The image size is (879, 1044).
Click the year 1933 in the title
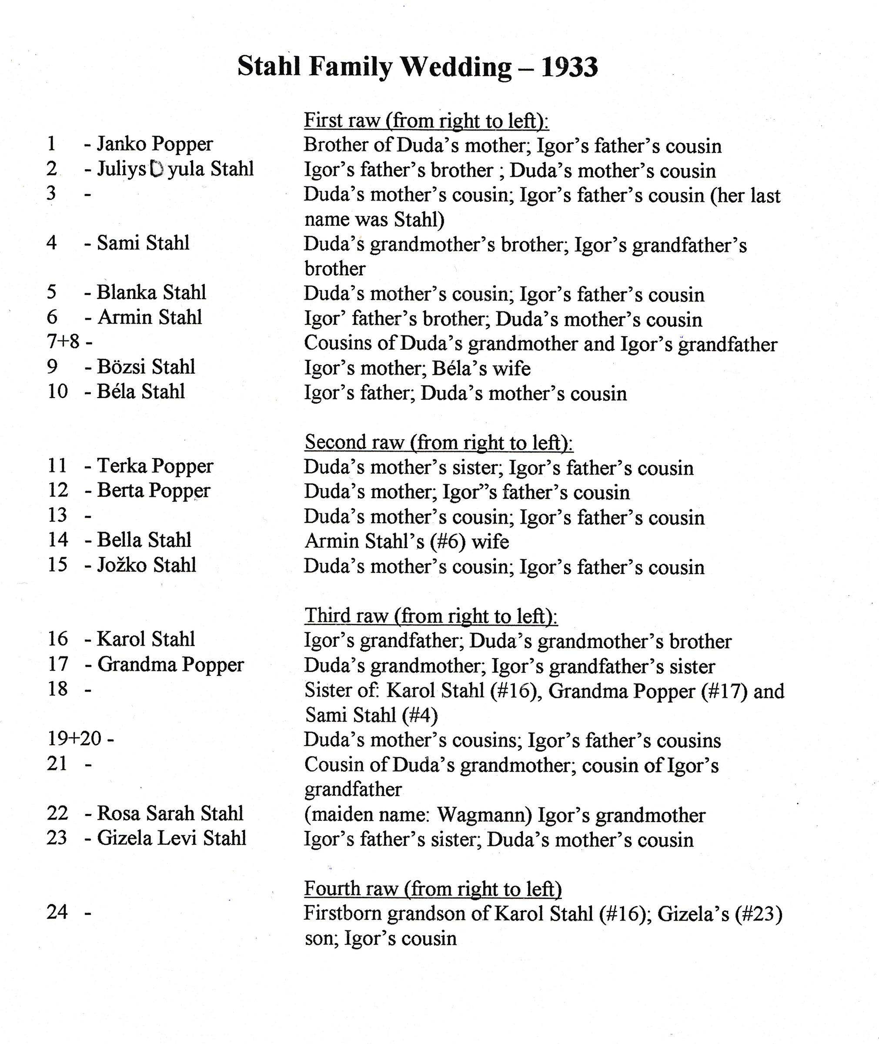coord(569,67)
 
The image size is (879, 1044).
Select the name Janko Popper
coord(154,144)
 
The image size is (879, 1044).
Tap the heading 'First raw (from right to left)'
coord(426,120)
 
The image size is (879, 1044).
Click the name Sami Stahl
coord(143,243)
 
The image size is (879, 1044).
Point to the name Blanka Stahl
coord(151,292)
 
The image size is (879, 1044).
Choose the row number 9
coord(52,367)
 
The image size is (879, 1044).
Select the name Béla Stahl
coord(140,391)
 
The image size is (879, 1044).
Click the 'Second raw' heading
coord(438,442)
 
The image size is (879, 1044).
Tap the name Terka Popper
coord(155,466)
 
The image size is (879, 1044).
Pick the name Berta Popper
coord(154,490)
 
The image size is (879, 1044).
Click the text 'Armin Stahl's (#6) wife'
coord(407,541)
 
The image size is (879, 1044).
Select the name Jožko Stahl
coord(147,565)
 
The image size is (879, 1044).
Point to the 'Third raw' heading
coord(431,616)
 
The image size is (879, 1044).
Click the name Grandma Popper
coord(170,664)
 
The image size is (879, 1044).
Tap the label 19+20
coord(74,739)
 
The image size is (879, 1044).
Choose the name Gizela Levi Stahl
coord(171,838)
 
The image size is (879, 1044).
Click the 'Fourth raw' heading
coord(432,889)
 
